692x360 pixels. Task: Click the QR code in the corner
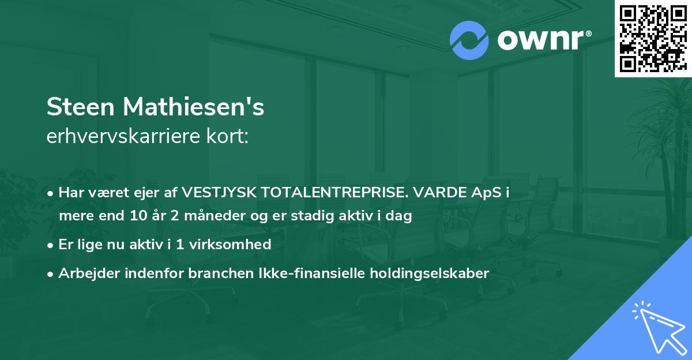[x=653, y=38]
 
